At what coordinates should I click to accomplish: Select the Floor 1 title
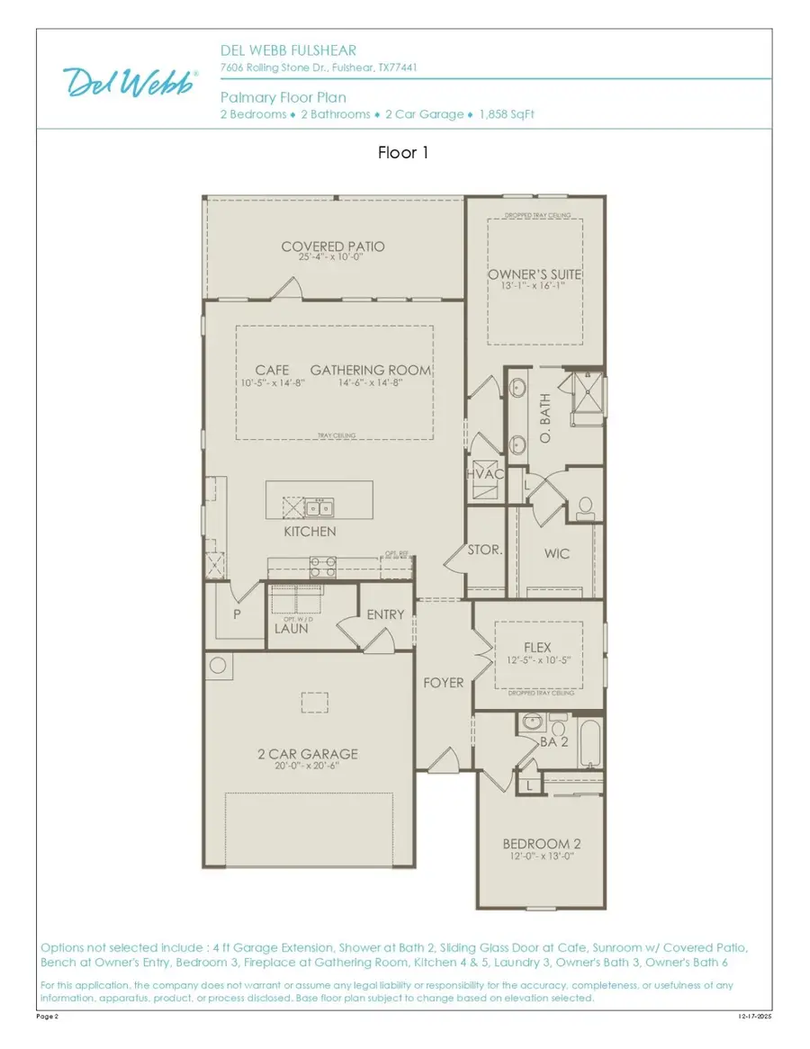(x=403, y=153)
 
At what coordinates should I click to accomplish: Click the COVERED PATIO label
(x=333, y=247)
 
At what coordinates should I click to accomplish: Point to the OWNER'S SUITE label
(x=535, y=274)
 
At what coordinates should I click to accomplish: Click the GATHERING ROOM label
(x=370, y=371)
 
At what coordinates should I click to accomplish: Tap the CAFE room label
(x=272, y=371)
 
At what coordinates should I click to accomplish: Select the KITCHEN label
(x=310, y=532)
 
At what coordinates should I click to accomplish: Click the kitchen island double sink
(x=318, y=507)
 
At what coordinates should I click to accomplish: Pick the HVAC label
(x=482, y=474)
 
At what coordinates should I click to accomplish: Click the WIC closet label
(x=557, y=553)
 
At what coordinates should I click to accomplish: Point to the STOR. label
(x=484, y=549)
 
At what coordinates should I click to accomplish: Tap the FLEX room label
(x=537, y=648)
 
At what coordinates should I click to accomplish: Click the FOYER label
(x=444, y=683)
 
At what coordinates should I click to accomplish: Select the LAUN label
(x=292, y=629)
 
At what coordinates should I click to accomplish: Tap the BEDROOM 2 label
(x=541, y=844)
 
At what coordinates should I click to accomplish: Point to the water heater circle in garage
(x=219, y=667)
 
